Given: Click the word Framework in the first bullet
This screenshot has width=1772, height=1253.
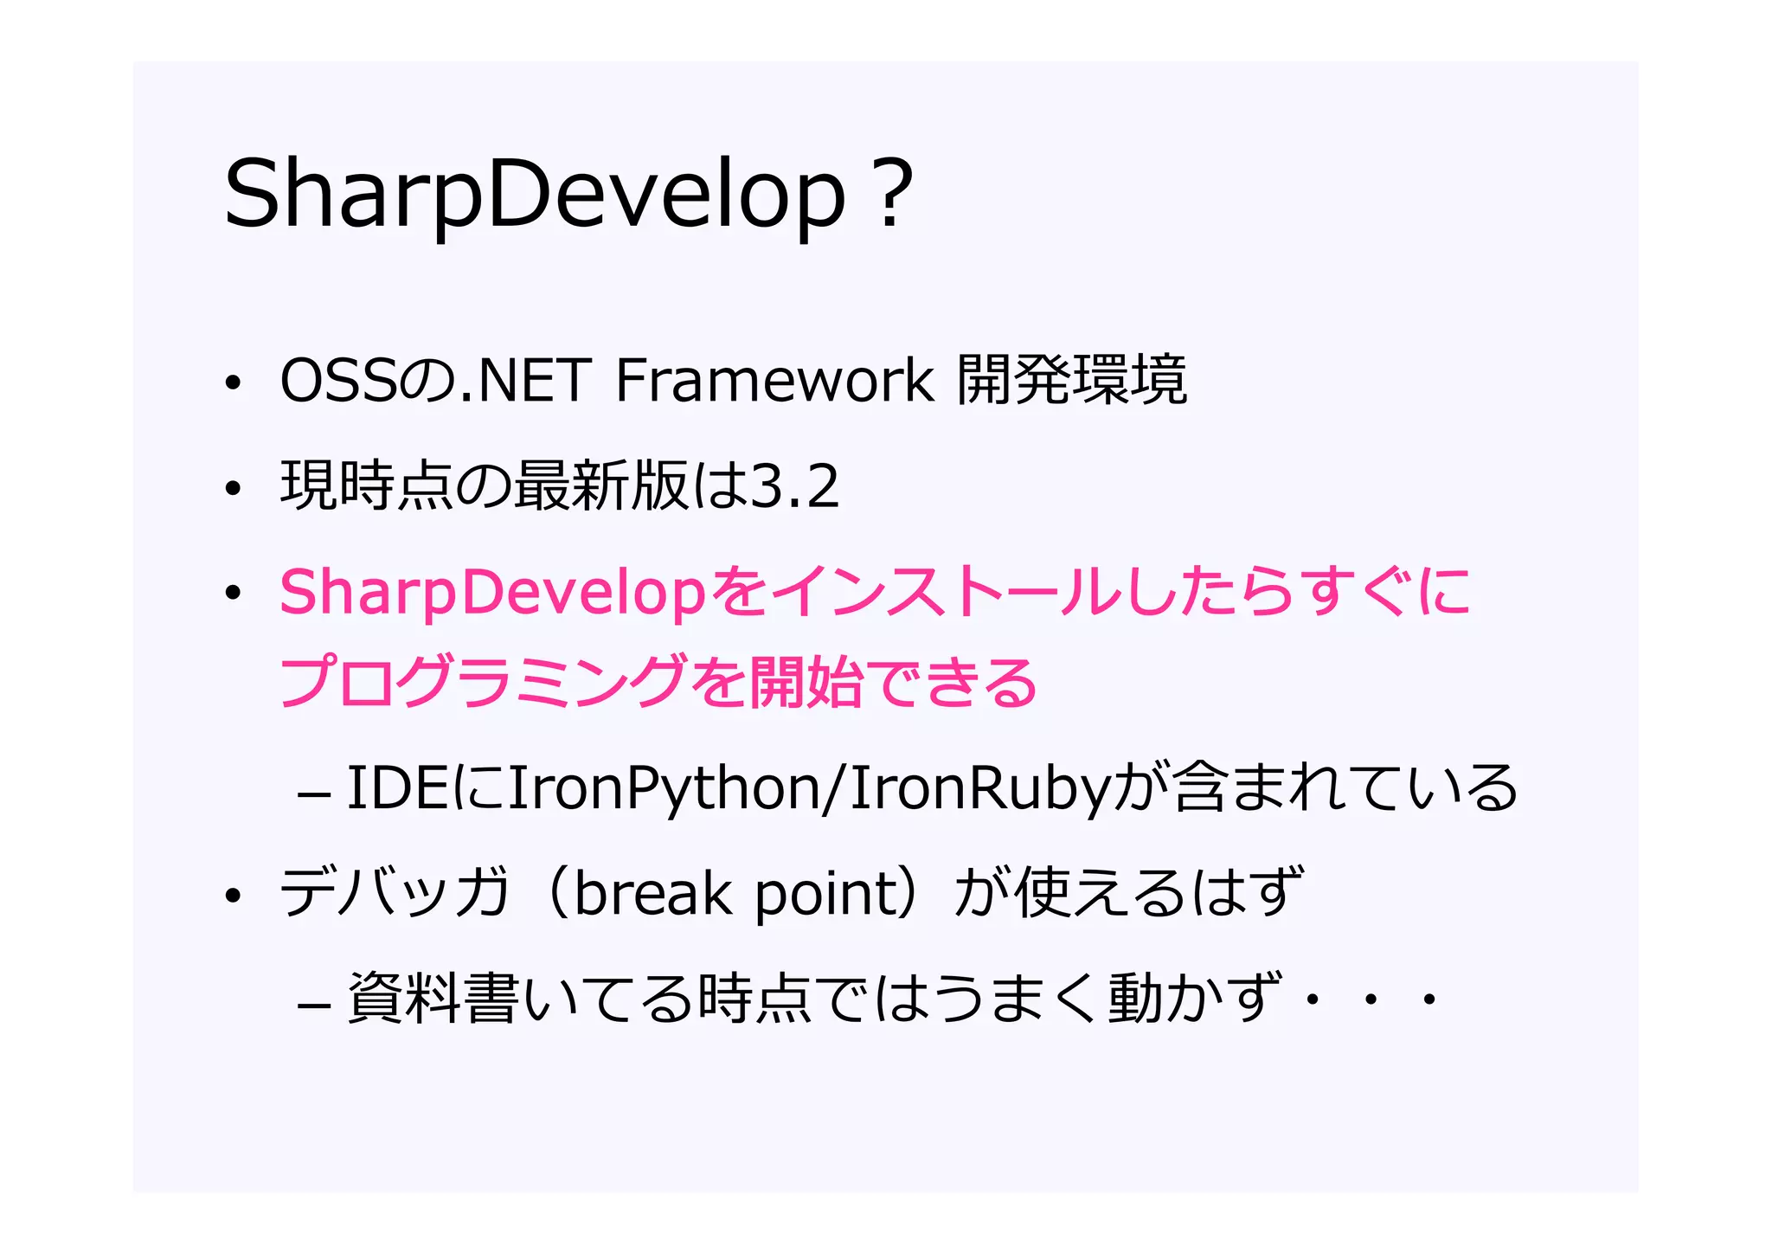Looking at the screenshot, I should click(x=774, y=381).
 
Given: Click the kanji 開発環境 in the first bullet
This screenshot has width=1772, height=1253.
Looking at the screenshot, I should click(x=1072, y=381).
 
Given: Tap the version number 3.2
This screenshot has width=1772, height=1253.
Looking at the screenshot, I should click(x=794, y=486).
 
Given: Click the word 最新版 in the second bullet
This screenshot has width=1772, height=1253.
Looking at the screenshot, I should click(x=601, y=486).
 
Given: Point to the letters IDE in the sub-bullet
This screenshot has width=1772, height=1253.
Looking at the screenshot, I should click(x=396, y=788).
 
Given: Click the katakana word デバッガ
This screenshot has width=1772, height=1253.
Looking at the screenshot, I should click(x=394, y=894).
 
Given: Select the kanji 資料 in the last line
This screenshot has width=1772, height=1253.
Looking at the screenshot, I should click(x=403, y=999).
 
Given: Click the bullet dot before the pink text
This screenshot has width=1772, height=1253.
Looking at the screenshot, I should click(x=232, y=594).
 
